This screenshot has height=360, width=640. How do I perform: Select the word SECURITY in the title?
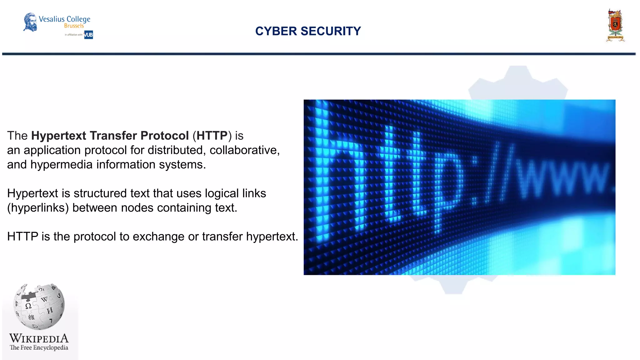[x=331, y=31]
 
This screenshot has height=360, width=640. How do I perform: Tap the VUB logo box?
[x=88, y=35]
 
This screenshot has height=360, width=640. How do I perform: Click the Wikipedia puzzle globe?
[x=39, y=307]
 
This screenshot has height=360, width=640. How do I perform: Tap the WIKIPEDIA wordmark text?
[x=39, y=338]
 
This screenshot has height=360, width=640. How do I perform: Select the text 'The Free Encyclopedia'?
[x=39, y=347]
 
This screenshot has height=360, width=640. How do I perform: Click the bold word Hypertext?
[x=58, y=136]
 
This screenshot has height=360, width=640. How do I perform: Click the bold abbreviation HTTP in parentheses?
[x=212, y=136]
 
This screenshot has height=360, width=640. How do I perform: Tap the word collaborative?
[x=244, y=150]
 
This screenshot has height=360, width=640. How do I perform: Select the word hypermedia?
[x=61, y=165]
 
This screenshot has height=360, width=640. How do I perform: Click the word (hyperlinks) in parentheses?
[x=38, y=208]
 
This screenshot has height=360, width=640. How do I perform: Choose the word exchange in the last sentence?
[x=159, y=237]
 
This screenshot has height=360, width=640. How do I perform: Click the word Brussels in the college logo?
[x=74, y=26]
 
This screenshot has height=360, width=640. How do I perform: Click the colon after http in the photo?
[x=476, y=181]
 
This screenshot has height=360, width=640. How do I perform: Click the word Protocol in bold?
[x=164, y=136]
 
